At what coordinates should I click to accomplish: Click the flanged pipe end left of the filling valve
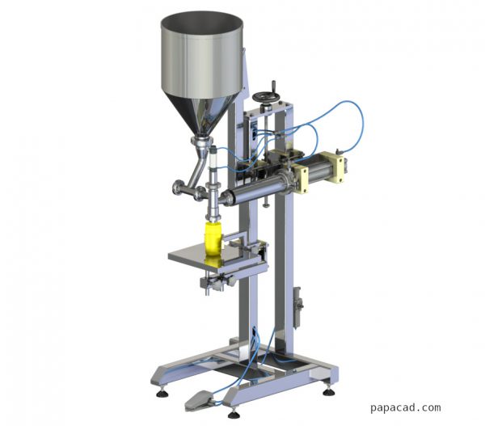tap(175, 191)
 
